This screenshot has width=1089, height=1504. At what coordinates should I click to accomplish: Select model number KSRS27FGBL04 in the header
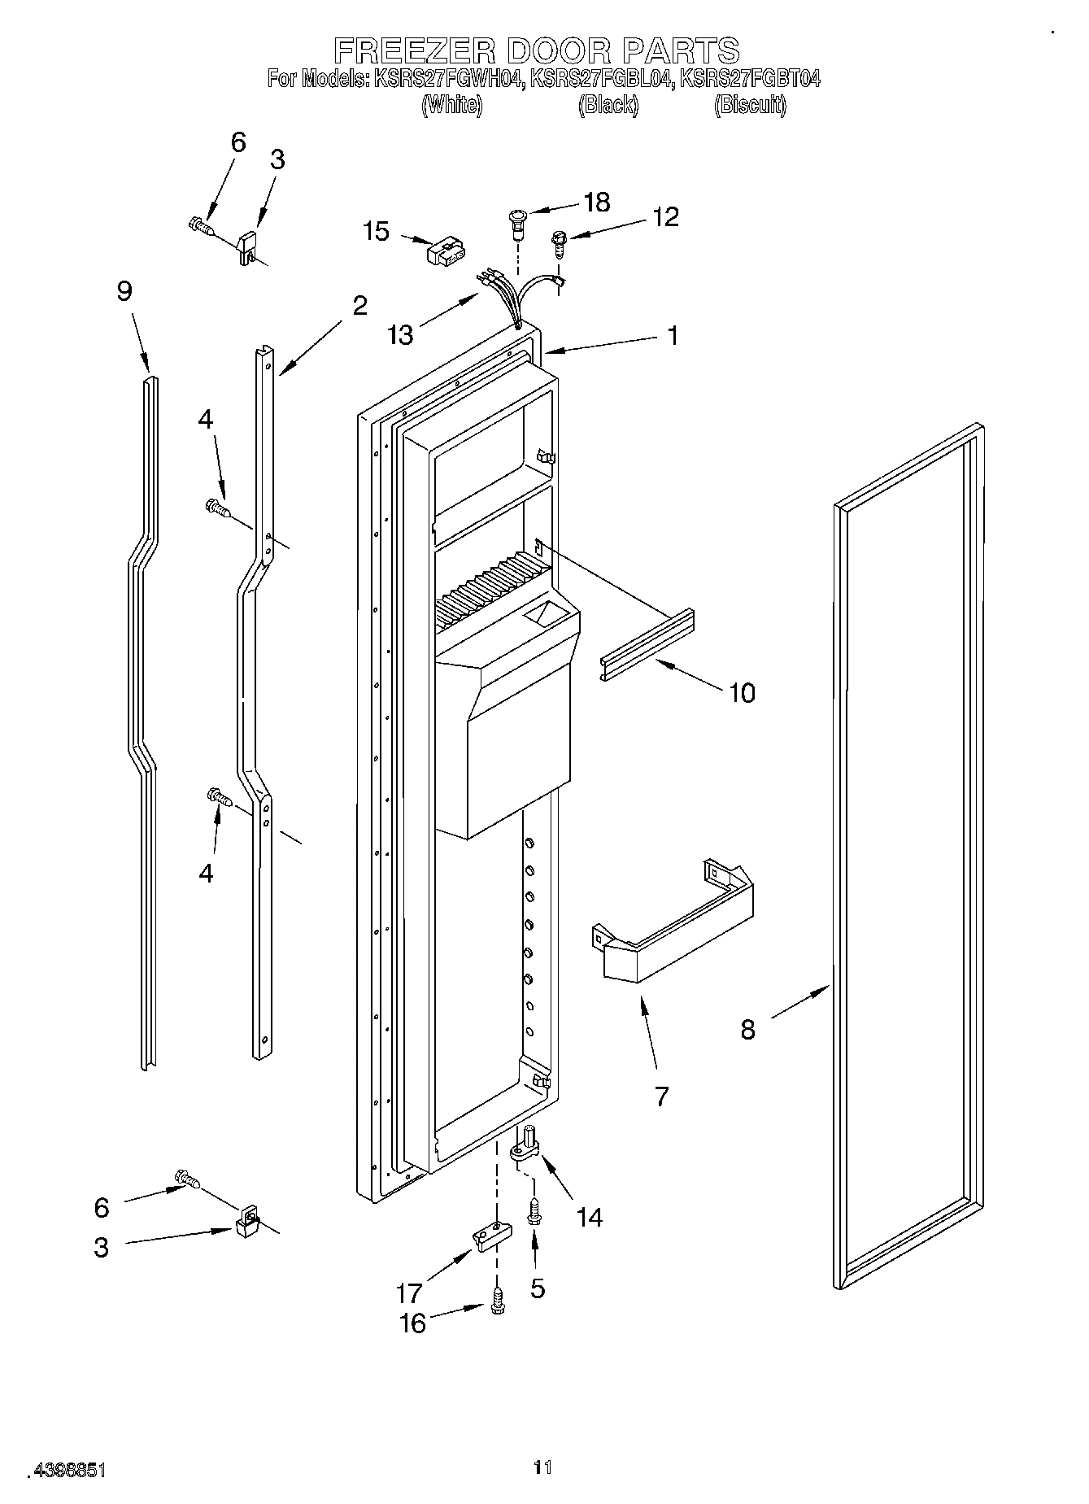[x=601, y=79]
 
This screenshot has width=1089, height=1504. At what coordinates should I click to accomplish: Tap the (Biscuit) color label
[x=749, y=106]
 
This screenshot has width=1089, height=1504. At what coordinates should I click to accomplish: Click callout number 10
[x=742, y=693]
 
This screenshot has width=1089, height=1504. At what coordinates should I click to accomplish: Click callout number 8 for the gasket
[x=748, y=1030]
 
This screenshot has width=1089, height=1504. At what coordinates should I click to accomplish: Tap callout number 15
[x=377, y=231]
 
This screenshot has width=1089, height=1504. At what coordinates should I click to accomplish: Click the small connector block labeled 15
[x=445, y=251]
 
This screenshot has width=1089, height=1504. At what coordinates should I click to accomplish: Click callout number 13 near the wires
[x=401, y=334]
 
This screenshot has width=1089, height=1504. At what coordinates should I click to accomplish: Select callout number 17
[x=409, y=1293]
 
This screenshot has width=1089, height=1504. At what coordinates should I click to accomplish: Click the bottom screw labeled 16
[x=496, y=1305]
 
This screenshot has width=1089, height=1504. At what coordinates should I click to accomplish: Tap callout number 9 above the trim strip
[x=124, y=290]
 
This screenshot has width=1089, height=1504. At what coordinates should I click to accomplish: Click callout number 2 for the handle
[x=359, y=306]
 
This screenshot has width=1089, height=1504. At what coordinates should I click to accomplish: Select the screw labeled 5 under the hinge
[x=534, y=1212]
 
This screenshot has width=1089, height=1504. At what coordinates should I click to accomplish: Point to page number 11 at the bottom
[x=542, y=1467]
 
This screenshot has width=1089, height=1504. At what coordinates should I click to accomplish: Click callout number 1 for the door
[x=673, y=335]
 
